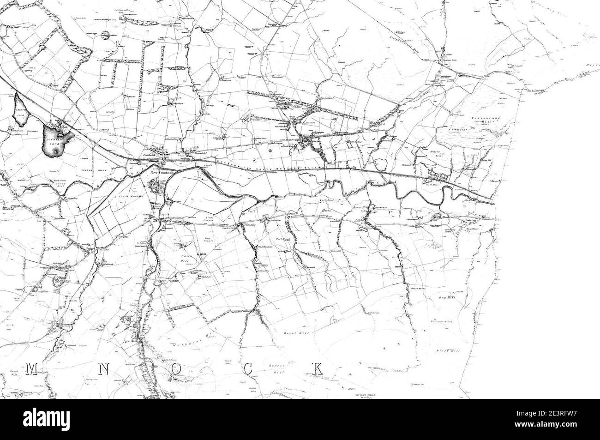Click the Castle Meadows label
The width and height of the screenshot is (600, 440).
[x=132, y=197]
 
